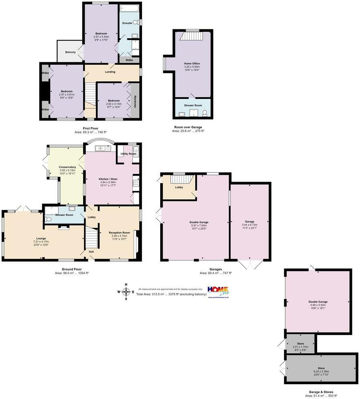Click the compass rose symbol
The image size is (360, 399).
pyautogui.click(x=126, y=292)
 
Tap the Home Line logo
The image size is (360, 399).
pyautogui.click(x=218, y=291)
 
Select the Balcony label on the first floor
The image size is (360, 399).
pyautogui.click(x=70, y=52)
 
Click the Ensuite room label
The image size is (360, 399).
pyautogui.click(x=127, y=23)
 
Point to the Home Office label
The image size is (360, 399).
pyautogui.click(x=192, y=63)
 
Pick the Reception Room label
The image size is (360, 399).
pyautogui.click(x=119, y=233)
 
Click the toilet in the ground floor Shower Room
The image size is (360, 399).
pyautogui.click(x=48, y=219)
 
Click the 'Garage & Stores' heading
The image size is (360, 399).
pyautogui.click(x=319, y=392)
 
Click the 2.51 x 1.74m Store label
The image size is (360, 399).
pyautogui.click(x=301, y=344)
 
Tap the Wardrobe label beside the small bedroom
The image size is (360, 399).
pyautogui.click(x=135, y=100)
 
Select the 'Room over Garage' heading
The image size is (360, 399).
pyautogui.click(x=187, y=127)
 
